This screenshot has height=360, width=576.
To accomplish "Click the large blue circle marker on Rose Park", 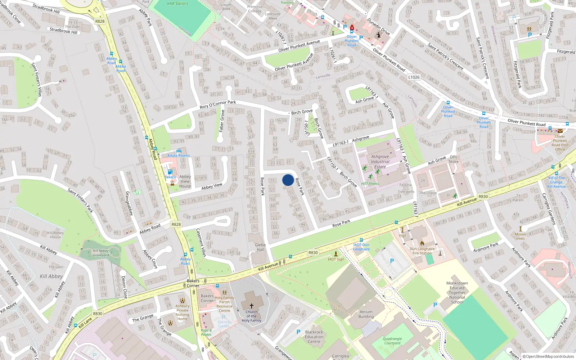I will pos(288,180).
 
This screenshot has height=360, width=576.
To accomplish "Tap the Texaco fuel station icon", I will pos(170,172).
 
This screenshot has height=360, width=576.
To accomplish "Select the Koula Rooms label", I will pos(179,156).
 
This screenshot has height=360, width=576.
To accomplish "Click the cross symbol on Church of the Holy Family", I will pos(251,306).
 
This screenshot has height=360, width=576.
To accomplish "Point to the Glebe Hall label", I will pos(260,247).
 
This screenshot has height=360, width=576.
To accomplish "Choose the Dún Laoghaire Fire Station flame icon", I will pos(422,243).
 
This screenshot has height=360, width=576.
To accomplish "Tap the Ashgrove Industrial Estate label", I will pos(380,162).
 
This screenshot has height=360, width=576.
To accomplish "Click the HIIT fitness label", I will pos(370,184).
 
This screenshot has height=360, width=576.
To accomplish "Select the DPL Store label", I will pos(454,159).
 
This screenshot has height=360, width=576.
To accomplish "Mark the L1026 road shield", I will pos(414,77).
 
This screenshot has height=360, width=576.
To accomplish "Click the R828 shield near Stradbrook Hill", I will pos(100,21).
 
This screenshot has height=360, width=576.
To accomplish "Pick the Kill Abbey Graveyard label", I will pos(100,253).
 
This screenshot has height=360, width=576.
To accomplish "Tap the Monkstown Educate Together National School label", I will pos(457,292).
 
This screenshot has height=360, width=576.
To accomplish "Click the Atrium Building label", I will pos(366,314).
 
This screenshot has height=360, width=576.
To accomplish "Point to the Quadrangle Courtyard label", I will pos(392,341).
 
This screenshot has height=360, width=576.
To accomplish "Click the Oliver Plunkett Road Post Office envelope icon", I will pos(560,131).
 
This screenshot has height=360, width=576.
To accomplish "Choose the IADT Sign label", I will pos(336,259).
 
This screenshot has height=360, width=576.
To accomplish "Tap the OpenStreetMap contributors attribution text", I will pos(550,356).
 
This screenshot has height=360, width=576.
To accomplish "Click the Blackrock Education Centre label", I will pos(314,337).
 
